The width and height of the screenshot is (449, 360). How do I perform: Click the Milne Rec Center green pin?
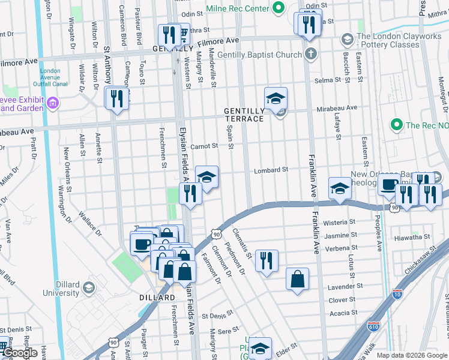click(278, 9)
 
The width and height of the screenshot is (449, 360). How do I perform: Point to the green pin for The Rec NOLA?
click(396, 125)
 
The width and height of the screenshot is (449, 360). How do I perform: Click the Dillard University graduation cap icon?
click(89, 288)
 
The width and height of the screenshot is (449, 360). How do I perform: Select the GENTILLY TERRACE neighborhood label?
click(244, 115)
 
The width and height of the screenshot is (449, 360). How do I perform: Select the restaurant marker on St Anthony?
click(116, 98)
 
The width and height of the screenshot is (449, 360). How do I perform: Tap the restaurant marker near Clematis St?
click(266, 260)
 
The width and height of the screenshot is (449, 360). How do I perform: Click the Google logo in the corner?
click(20, 353)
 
